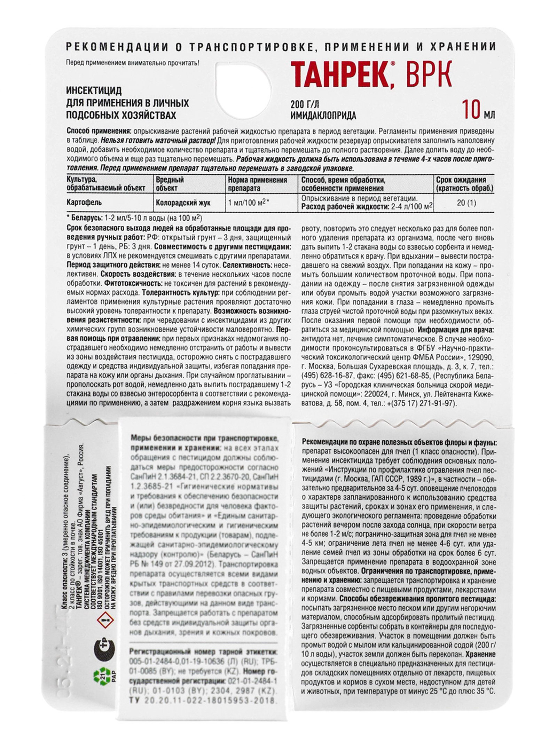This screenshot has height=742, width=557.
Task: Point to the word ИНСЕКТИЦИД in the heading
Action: (x=94, y=91)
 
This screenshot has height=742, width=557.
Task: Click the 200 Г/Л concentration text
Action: (x=305, y=104)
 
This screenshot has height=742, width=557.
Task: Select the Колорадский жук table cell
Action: (x=183, y=203)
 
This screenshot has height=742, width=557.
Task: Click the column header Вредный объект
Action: (x=170, y=184)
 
